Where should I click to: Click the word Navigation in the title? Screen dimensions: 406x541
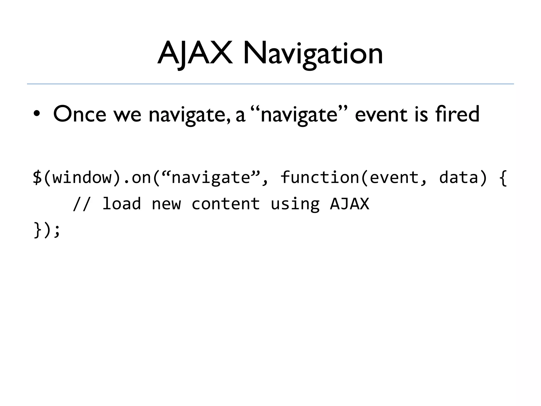tap(313, 54)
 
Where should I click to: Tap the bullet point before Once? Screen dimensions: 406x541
tap(37, 114)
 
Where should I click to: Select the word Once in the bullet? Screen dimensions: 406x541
tap(80, 114)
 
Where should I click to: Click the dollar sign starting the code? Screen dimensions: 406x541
tap(37, 177)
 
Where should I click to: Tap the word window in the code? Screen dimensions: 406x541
tap(82, 177)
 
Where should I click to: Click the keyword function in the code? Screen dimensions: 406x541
tap(320, 177)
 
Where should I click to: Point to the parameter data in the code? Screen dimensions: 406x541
tap(459, 177)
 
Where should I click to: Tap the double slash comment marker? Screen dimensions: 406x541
tap(82, 204)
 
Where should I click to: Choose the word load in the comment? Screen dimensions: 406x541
tap(122, 204)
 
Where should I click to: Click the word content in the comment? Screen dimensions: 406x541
tap(226, 204)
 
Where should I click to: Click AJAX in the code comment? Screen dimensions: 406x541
tap(349, 204)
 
